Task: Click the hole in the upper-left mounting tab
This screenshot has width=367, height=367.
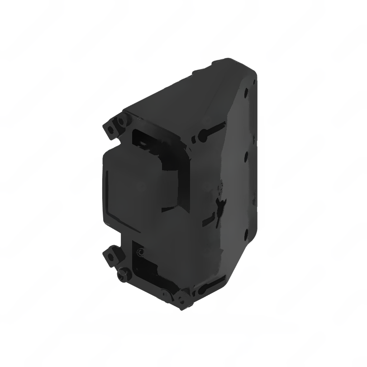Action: coord(110,129)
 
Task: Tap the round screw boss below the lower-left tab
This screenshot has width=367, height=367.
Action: coord(121,275)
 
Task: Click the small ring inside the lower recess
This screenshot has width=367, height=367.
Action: coord(141,252)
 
